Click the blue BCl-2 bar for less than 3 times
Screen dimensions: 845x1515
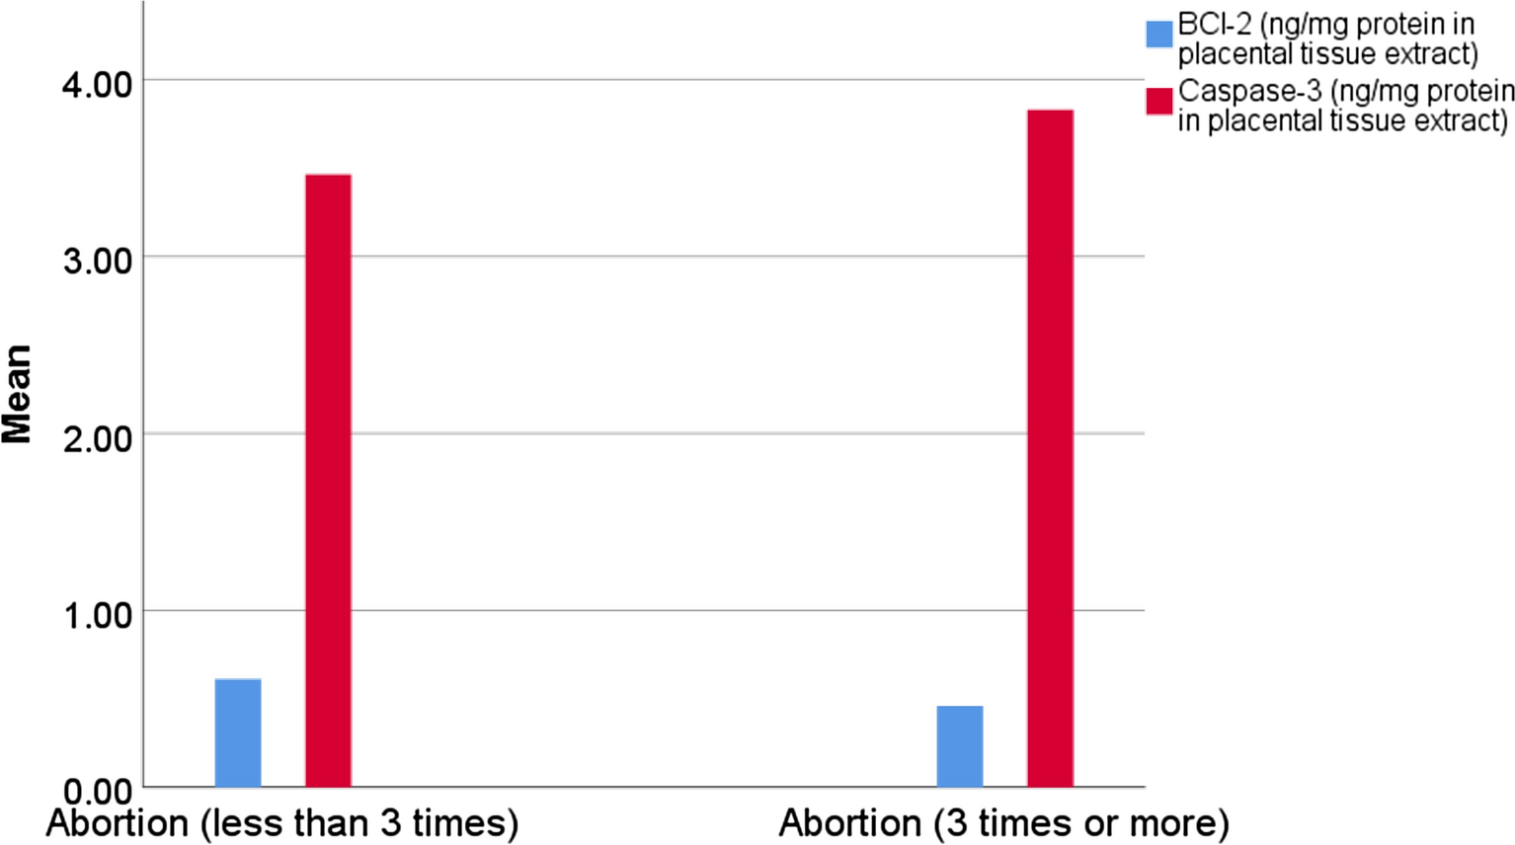point(238,732)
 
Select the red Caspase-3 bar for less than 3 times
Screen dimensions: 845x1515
point(328,481)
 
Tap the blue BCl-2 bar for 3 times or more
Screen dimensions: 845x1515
point(959,746)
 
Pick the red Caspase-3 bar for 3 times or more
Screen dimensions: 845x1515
point(1050,448)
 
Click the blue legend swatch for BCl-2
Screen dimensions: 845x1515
point(1158,35)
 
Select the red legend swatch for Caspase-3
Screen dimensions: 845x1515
point(1158,100)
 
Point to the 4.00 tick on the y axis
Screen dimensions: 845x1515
point(97,84)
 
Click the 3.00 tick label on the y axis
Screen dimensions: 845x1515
point(97,262)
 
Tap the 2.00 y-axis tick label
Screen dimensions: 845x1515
point(97,438)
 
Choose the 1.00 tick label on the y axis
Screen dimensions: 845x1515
point(97,615)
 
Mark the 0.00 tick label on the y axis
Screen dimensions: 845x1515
point(97,792)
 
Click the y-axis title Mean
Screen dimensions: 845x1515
point(18,394)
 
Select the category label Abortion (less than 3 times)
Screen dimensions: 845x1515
point(281,823)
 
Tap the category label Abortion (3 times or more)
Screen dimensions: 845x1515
point(1003,823)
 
